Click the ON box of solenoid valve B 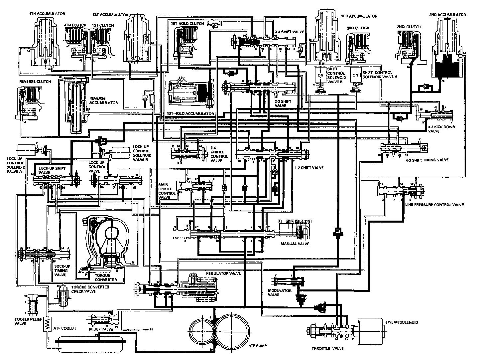pos(320,75)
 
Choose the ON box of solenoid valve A pos(355,75)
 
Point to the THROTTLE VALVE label pos(327,348)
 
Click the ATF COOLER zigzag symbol pos(47,322)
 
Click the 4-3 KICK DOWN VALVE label pos(437,129)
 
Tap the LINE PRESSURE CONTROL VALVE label pos(434,205)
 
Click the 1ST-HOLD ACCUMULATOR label pos(191,113)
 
